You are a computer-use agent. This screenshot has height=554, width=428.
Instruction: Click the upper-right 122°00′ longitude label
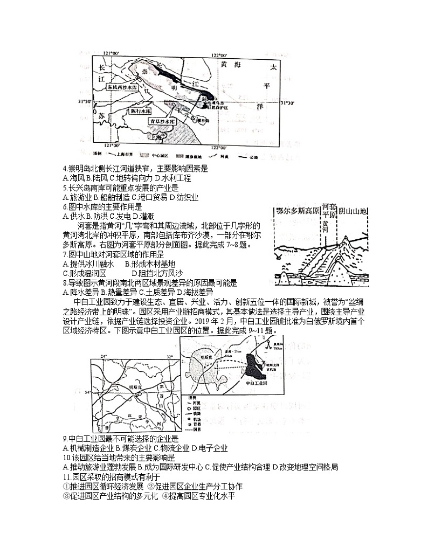[x=219, y=55]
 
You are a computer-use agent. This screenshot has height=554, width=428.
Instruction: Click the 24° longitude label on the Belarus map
[x=104, y=357]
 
